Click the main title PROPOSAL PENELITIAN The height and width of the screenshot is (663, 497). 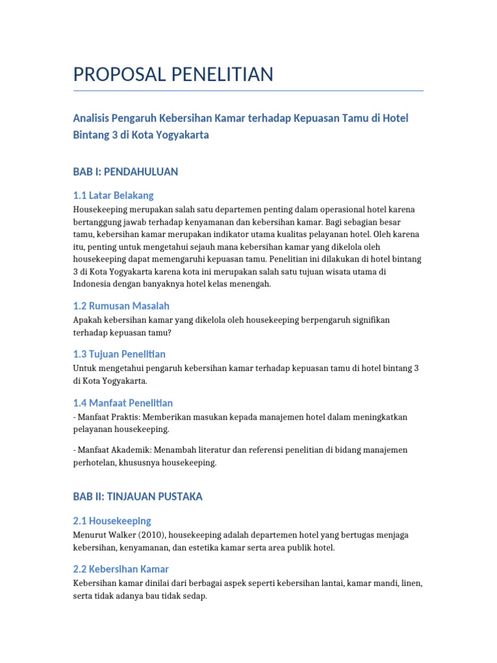[x=173, y=74]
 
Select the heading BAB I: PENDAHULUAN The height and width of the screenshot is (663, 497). [x=125, y=172]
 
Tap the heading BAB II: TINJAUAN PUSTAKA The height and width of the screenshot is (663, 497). [x=137, y=497]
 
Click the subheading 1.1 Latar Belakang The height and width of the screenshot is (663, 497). [x=113, y=195]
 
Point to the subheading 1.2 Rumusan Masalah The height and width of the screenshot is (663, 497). [x=121, y=306]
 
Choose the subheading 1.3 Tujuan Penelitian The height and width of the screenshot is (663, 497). [x=119, y=354]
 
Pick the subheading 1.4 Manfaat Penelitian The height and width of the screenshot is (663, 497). [x=123, y=403]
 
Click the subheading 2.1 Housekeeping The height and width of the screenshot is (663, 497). [x=112, y=521]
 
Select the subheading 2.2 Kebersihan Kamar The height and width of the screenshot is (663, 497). [x=121, y=569]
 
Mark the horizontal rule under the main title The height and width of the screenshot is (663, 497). [x=248, y=91]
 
